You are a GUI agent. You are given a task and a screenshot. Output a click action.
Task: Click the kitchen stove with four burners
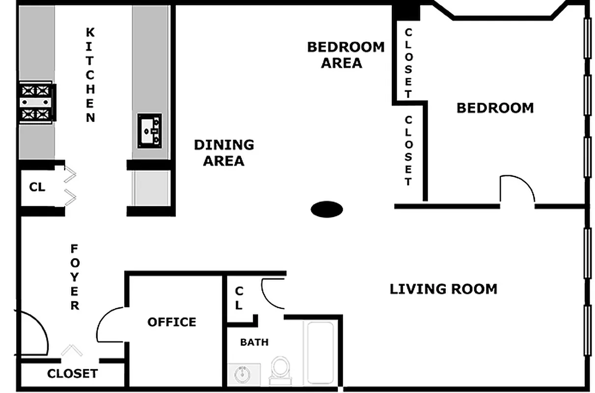click(37, 102)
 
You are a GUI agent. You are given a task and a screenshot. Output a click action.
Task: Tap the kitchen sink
click(149, 130)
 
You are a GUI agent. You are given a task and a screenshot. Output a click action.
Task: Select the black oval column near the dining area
click(326, 209)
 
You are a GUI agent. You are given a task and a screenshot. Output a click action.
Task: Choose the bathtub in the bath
click(320, 352)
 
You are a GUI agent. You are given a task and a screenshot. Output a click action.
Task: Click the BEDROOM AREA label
click(346, 55)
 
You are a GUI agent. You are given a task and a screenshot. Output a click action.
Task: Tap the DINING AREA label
click(224, 153)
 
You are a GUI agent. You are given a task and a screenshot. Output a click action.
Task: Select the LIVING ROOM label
click(443, 289)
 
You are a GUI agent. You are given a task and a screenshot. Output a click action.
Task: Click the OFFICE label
click(172, 322)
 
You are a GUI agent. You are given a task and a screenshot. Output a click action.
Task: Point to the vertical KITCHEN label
click(90, 75)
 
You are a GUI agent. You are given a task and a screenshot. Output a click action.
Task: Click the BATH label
click(254, 342)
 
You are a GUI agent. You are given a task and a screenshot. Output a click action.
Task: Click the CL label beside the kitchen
click(37, 187)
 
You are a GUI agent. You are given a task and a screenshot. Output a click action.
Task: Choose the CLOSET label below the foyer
click(72, 374)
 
